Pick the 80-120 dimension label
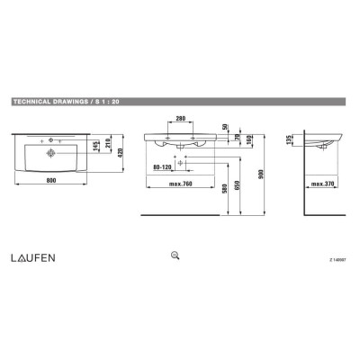click(x=165, y=166)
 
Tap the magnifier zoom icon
click(x=175, y=256)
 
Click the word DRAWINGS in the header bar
click(x=70, y=104)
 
